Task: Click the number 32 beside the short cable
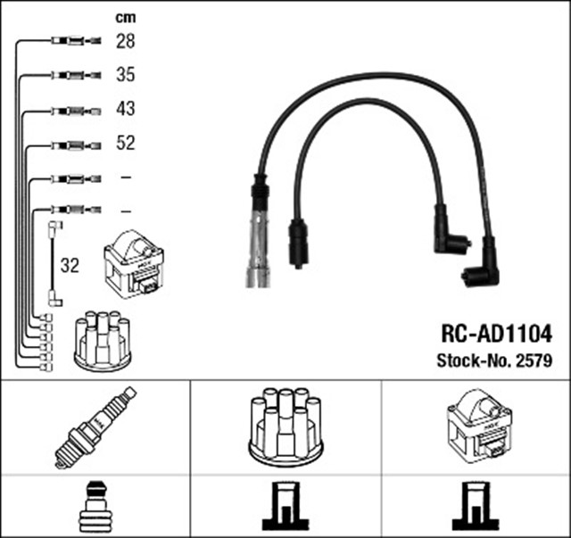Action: (70, 265)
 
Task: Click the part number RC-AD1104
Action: (496, 335)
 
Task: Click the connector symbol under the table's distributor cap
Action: (285, 507)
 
